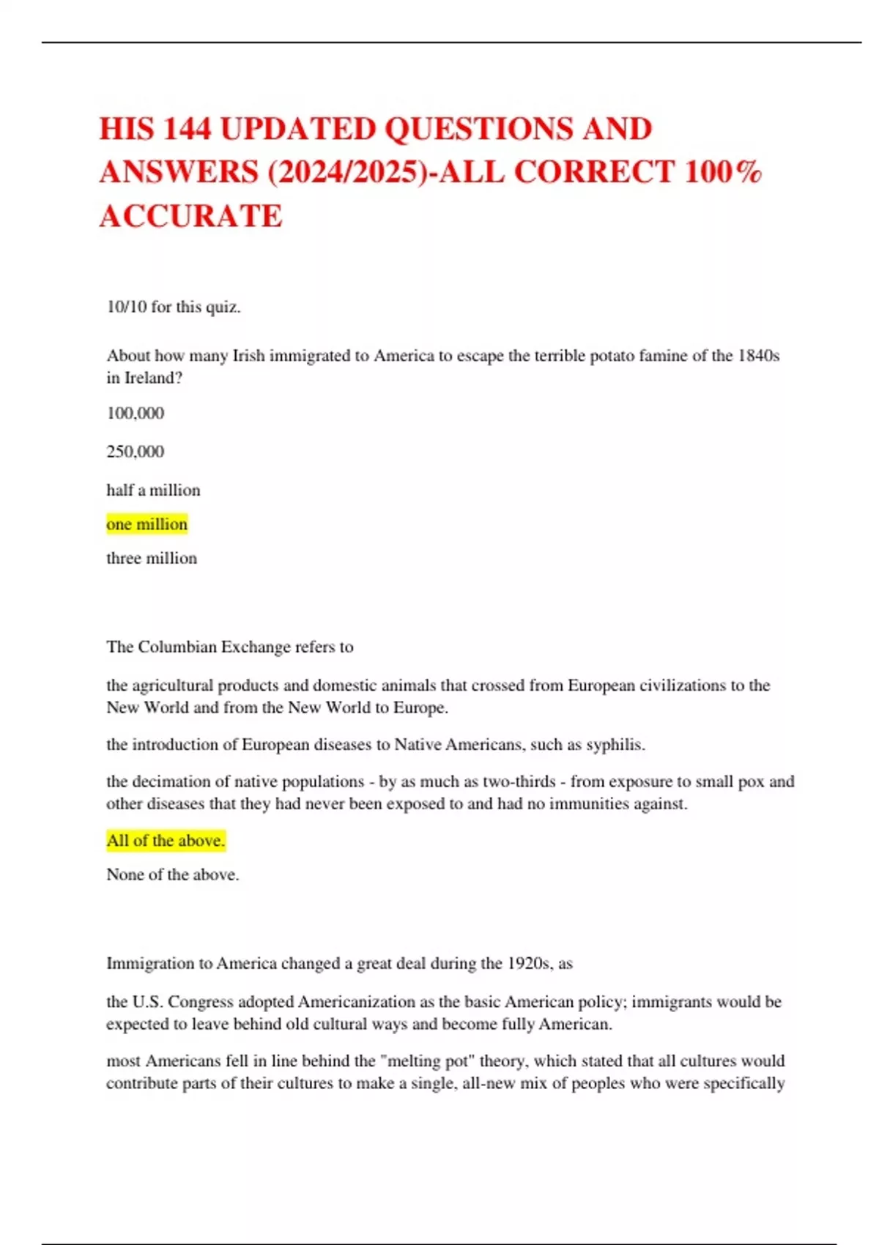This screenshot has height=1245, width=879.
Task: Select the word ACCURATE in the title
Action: coord(190,216)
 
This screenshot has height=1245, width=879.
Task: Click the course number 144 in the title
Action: coord(186,129)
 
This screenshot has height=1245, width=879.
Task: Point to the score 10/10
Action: coord(127,307)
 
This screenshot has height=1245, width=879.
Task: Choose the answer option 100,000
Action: coord(136,413)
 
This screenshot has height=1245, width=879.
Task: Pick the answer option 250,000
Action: coord(136,451)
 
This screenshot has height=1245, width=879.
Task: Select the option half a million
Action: coord(153,490)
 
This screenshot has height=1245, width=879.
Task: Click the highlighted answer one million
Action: coord(146,524)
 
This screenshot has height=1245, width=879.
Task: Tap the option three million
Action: coord(152,558)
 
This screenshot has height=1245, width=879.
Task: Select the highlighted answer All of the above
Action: coord(166,841)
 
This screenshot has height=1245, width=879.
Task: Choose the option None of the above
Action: coord(172,874)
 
